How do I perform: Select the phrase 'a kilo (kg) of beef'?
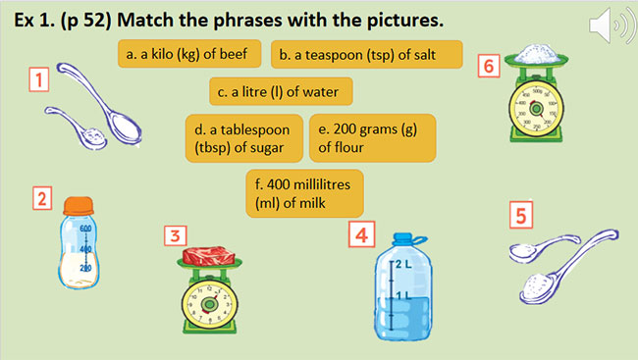189,54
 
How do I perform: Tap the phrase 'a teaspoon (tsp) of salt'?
365,54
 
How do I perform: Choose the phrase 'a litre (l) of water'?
280,92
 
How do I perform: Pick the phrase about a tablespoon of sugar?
243,137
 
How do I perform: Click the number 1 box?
38,79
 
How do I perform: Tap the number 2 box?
42,199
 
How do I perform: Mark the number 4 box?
362,235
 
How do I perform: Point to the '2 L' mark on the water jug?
401,265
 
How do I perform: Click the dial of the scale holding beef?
209,302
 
